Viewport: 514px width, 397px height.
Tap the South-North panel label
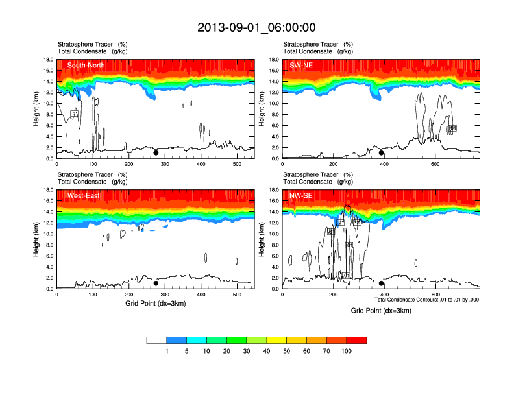click(87, 65)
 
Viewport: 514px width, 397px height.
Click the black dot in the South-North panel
click(156, 153)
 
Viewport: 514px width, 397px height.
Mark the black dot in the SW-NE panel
click(382, 153)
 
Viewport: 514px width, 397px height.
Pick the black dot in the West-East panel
click(156, 283)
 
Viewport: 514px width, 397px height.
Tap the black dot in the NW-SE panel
click(382, 283)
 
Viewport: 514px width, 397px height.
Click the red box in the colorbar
click(356, 340)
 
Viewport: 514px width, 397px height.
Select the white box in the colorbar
click(156, 340)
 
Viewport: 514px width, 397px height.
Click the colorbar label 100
click(347, 351)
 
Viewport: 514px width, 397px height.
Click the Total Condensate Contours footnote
click(426, 300)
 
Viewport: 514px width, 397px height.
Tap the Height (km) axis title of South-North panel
click(37, 109)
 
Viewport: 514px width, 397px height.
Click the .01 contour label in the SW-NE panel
click(453, 128)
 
